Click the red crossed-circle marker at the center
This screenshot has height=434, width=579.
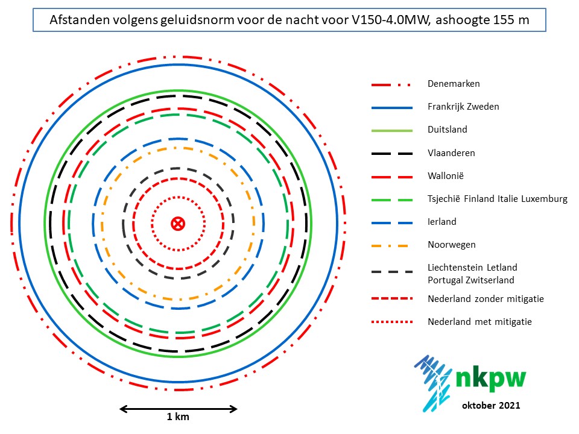pos(177,224)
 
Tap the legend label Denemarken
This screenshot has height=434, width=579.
pos(454,84)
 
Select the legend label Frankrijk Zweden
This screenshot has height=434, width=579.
pos(463,107)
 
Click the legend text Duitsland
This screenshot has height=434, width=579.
pos(447,130)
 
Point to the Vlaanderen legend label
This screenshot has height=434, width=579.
pos(451,153)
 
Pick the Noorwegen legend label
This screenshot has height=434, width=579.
pos(451,245)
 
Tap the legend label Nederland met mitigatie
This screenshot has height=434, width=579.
pos(479,321)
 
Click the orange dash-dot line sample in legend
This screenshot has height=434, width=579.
pos(391,245)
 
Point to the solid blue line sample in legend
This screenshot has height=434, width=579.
pos(391,107)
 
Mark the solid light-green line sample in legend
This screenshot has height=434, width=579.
pos(391,130)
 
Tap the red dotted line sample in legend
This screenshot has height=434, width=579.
pos(391,321)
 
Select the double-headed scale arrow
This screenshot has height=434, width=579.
pos(179,409)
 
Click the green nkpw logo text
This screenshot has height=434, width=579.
pos(490,378)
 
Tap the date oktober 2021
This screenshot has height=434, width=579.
pos(491,406)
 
